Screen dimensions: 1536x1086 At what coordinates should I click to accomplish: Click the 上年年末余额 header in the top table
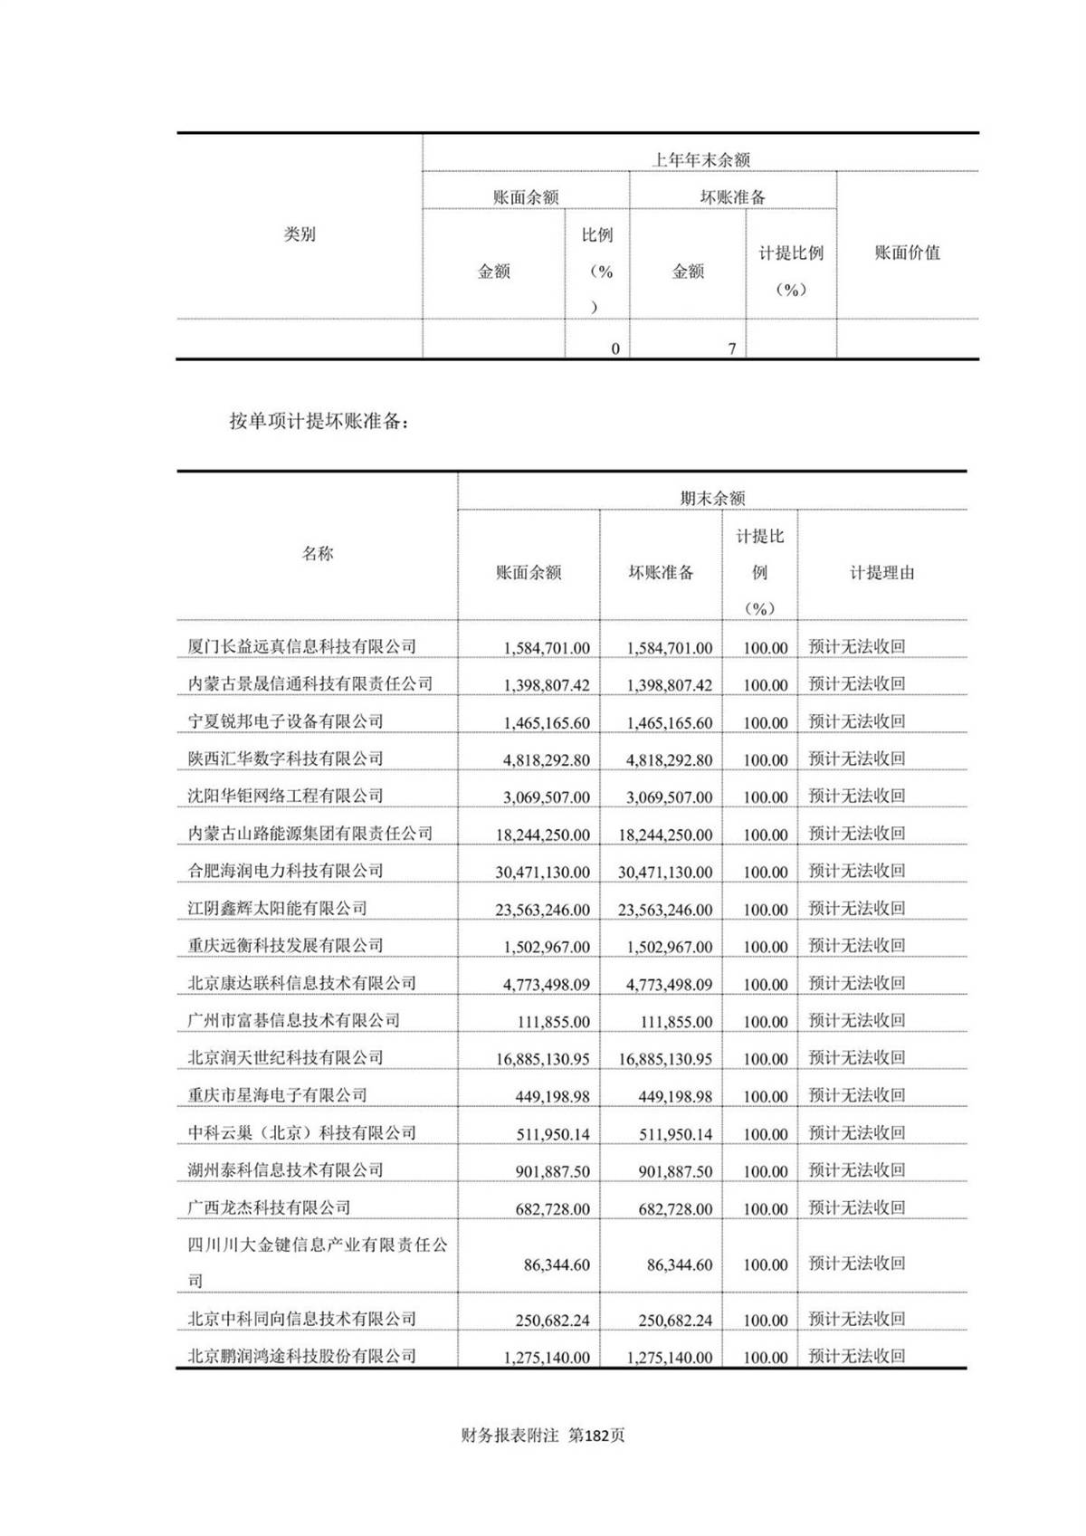[x=700, y=160]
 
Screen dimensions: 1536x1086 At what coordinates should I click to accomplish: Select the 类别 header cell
[x=300, y=234]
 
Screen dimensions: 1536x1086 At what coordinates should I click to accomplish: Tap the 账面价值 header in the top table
[x=907, y=253]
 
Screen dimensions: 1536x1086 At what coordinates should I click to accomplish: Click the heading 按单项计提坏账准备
[x=319, y=421]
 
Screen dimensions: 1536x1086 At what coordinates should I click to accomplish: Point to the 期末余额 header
[x=712, y=498]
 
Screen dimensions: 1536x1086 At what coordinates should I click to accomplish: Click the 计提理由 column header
[x=881, y=573]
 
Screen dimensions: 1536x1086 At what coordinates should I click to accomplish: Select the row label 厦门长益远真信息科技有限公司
[x=301, y=646]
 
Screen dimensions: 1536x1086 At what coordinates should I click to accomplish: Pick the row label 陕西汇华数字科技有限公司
[x=285, y=758]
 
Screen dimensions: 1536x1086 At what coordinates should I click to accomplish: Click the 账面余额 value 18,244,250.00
[x=542, y=835]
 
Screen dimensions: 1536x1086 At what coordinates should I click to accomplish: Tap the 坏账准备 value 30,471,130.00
[x=665, y=872]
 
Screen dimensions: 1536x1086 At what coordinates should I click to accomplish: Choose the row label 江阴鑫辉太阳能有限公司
[x=277, y=908]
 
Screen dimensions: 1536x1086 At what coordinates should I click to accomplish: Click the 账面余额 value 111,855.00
[x=553, y=1022]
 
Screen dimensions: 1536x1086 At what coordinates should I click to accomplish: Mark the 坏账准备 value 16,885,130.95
[x=665, y=1059]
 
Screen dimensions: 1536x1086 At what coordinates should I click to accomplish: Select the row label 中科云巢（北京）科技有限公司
[x=301, y=1132]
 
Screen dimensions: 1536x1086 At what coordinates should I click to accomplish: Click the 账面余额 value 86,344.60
[x=557, y=1264]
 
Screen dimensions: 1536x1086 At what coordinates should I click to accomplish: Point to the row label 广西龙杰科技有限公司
[x=269, y=1207]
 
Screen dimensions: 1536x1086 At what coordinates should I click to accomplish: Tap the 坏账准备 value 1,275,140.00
[x=669, y=1358]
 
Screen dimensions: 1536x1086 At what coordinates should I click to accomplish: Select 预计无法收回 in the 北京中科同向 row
[x=856, y=1319]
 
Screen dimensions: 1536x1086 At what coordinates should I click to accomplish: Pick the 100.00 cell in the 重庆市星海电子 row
[x=765, y=1096]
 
